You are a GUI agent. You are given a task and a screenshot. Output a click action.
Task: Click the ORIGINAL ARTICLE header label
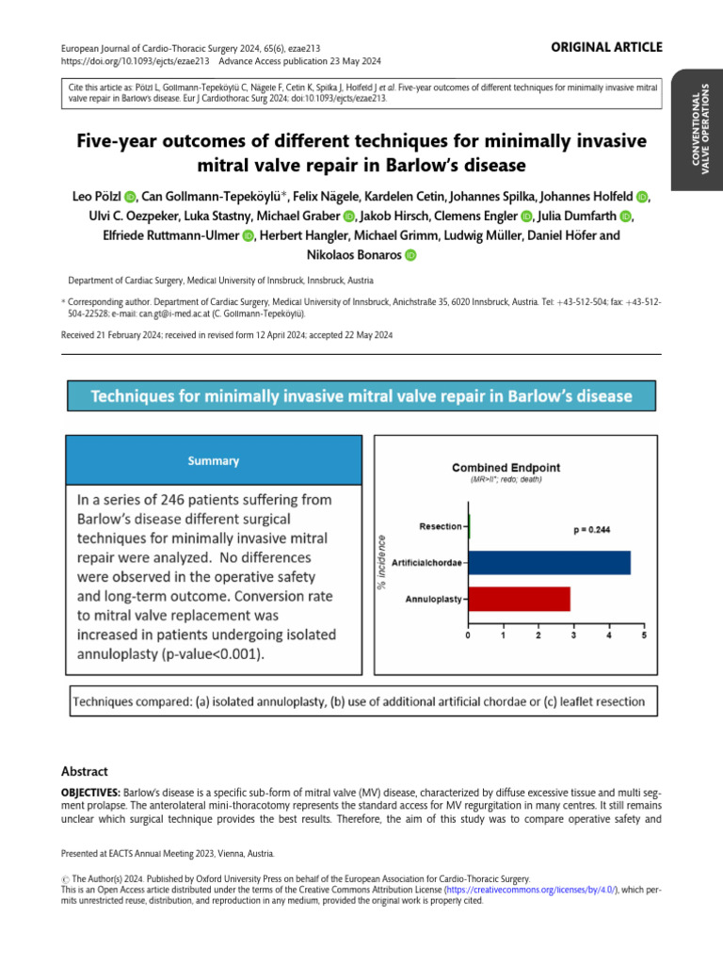[x=607, y=47]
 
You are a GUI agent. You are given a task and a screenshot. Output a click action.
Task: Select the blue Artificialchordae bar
[x=550, y=562]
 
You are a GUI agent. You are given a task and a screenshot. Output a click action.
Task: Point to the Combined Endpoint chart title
[x=506, y=467]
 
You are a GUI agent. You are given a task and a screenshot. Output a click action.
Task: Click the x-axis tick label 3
[x=573, y=636]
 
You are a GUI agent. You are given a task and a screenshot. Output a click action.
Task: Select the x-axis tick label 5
[x=644, y=636]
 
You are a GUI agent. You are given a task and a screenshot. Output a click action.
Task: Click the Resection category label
[x=441, y=525]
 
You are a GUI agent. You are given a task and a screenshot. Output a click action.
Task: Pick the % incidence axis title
[x=382, y=561]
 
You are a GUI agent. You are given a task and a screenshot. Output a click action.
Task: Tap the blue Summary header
[x=214, y=461]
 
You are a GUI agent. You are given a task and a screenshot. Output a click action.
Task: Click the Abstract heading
[x=85, y=771]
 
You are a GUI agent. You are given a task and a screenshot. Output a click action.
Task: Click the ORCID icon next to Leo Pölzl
[x=130, y=197]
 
